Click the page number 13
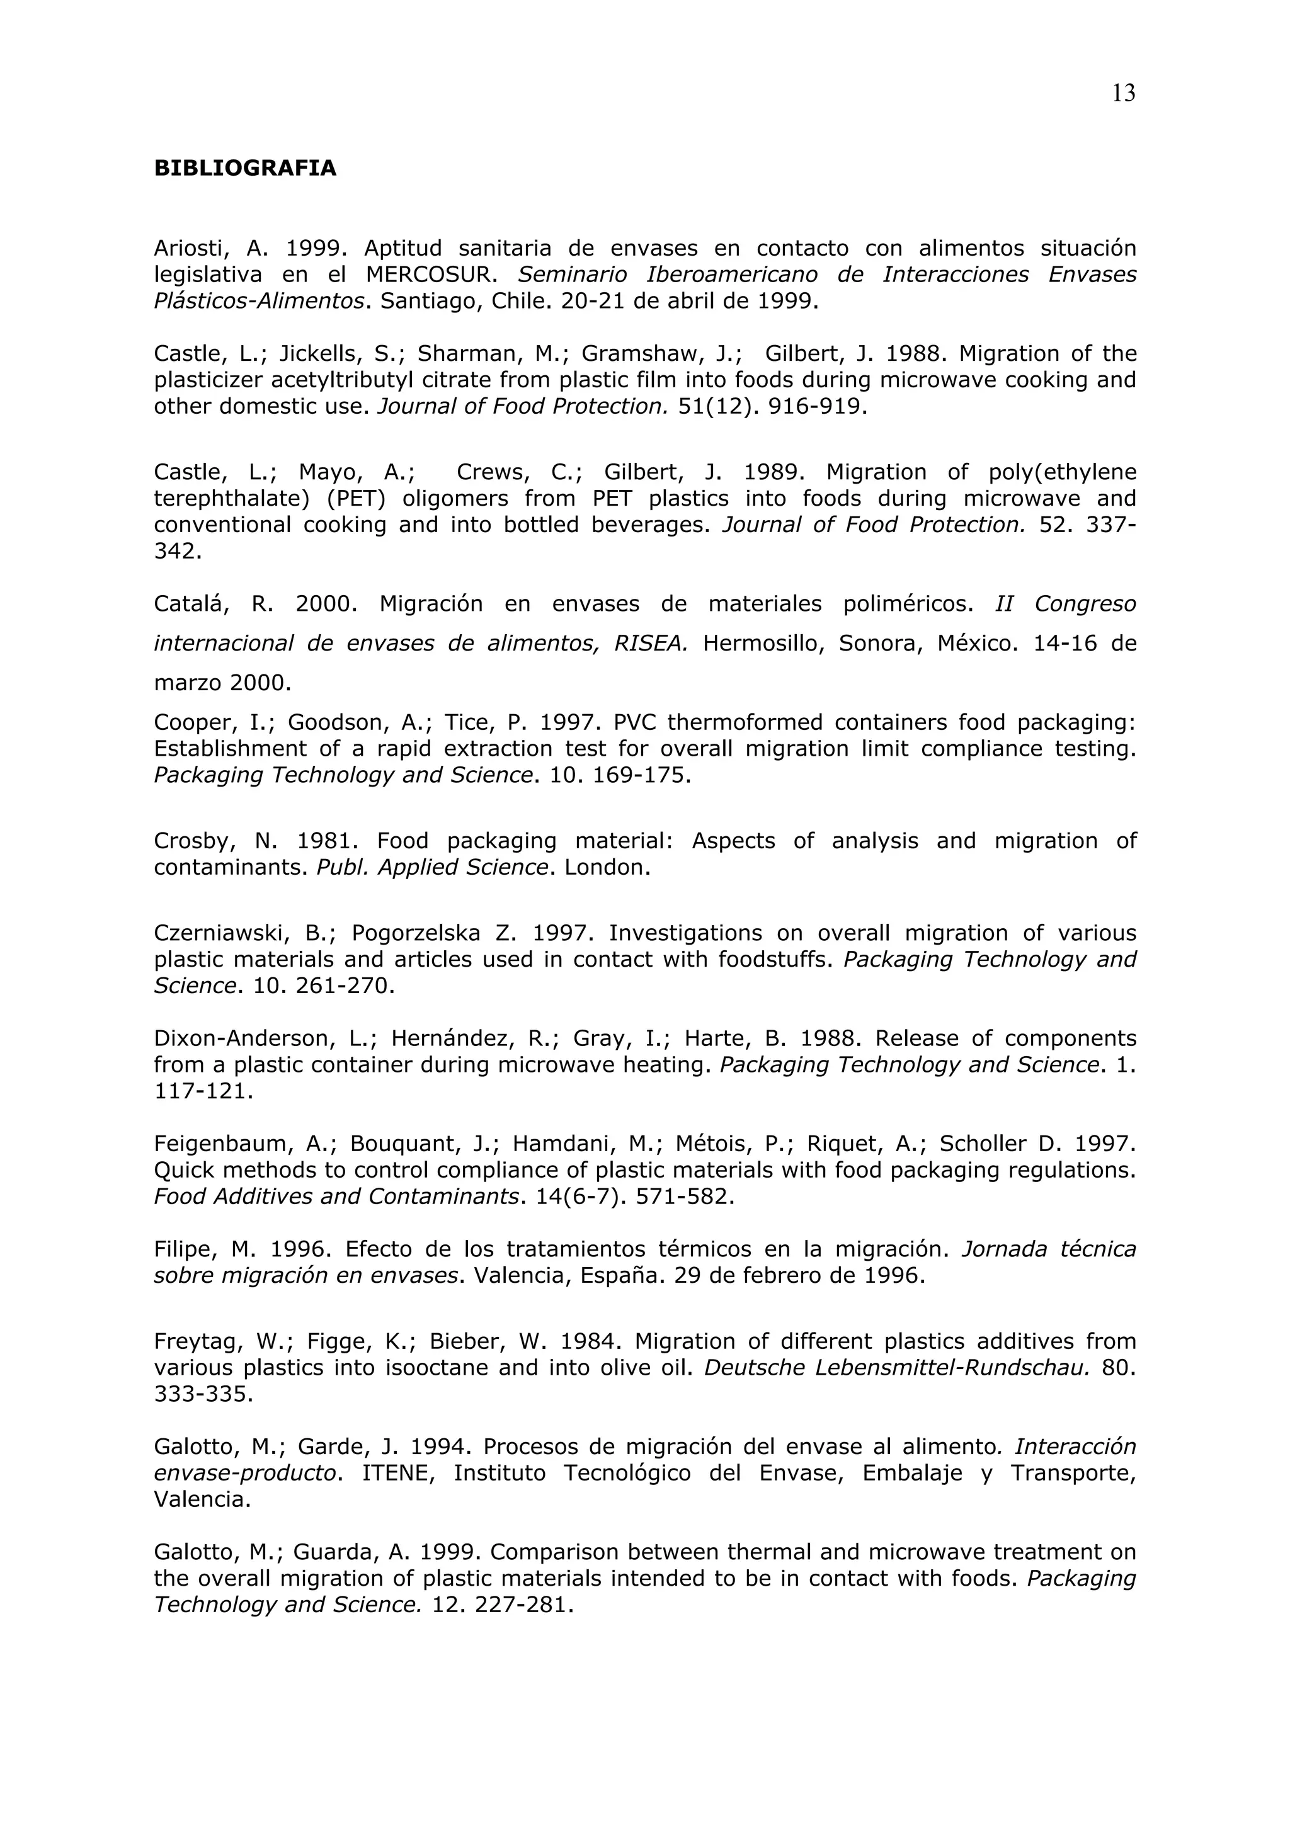coord(1123,94)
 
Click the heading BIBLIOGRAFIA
coord(245,169)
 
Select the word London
coord(607,867)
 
